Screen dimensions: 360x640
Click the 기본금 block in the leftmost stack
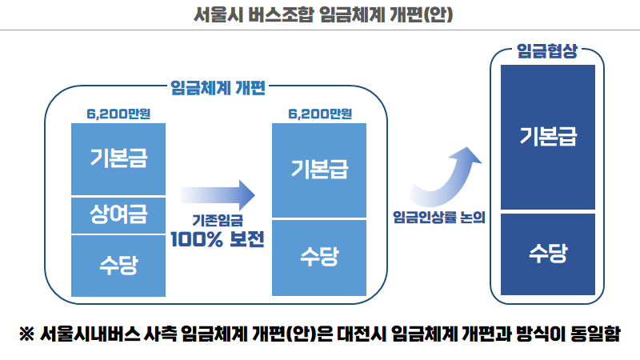[118, 158]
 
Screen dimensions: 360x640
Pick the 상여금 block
[118, 214]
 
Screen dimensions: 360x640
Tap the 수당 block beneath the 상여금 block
[118, 265]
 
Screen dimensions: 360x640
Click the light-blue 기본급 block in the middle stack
[319, 170]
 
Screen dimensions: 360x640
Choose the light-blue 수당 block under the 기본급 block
[319, 257]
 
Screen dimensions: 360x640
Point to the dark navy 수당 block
[547, 254]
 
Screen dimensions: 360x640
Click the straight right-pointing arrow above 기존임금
[217, 193]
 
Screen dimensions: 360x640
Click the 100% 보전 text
[217, 238]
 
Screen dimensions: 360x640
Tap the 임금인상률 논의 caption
[440, 217]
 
